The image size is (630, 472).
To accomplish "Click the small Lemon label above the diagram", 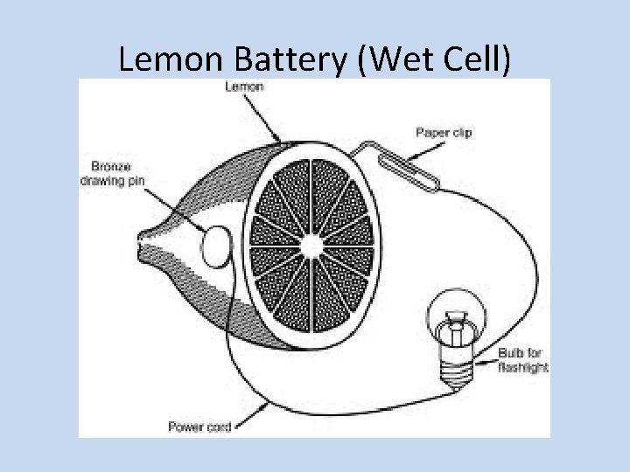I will tap(244, 87).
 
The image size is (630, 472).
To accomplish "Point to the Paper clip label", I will tap(443, 133).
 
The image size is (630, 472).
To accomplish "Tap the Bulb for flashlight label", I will tap(522, 360).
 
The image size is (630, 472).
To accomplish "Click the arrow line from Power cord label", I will tap(248, 416).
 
